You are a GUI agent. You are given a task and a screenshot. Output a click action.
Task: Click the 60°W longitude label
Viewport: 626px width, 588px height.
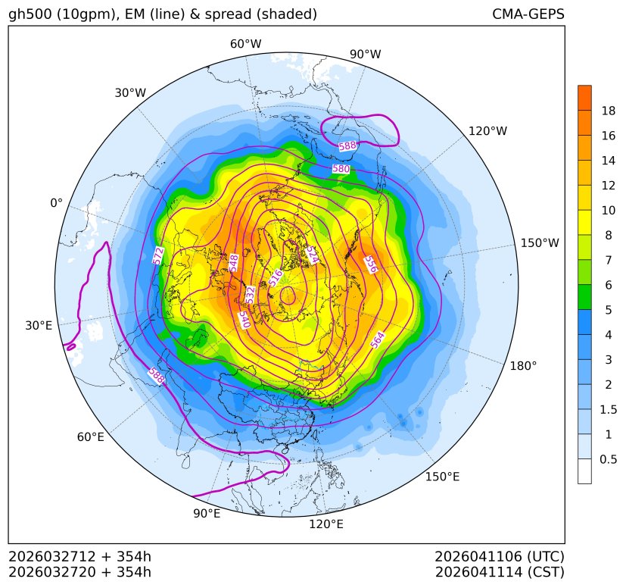tap(245, 44)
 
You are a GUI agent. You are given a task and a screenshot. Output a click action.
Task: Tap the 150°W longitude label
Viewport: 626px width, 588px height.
tap(540, 243)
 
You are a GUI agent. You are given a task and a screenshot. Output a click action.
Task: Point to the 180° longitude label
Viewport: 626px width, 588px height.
tap(523, 365)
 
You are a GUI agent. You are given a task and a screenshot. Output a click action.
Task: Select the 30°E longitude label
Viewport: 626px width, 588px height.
tap(39, 326)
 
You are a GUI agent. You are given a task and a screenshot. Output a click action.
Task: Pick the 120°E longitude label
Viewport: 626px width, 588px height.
tap(326, 524)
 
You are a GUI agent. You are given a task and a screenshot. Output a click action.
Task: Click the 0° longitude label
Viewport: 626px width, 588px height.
tap(56, 203)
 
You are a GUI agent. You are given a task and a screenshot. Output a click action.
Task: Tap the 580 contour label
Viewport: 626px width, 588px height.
tap(341, 169)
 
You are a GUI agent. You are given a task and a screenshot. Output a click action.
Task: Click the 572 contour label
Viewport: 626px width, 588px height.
tap(159, 255)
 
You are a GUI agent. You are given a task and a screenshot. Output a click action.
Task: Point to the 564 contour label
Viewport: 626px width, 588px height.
tap(378, 340)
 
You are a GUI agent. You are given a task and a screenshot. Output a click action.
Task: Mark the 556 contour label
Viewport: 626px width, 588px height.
tap(370, 264)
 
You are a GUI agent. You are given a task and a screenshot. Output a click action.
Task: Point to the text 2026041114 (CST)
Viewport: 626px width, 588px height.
tap(500, 571)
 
